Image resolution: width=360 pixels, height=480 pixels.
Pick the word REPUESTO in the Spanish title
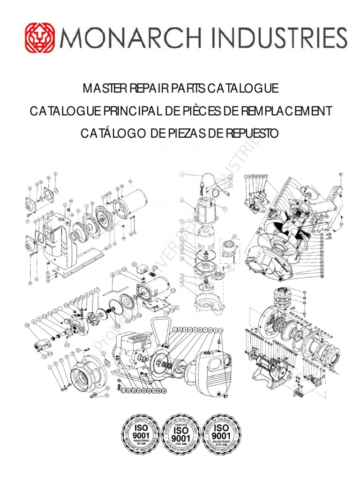pos(253,134)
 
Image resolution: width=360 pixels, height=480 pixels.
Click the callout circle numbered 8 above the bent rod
pos(113,275)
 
